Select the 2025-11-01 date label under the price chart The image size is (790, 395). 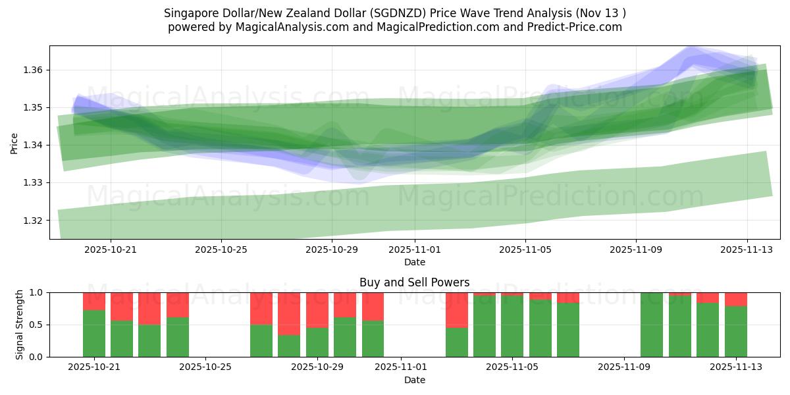coord(415,250)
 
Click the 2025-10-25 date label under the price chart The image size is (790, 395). coord(221,250)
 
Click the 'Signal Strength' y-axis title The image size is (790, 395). coord(20,324)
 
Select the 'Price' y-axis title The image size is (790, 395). coord(14,142)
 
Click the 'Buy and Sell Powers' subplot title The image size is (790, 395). coord(415,282)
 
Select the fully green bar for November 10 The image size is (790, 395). coord(652,325)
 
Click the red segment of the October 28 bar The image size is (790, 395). coord(289,313)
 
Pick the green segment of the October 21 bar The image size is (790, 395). coord(94,333)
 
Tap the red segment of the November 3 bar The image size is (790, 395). coord(457,309)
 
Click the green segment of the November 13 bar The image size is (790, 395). coord(736,331)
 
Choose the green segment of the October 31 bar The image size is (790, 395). coord(373,338)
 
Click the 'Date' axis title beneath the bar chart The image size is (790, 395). coord(415,380)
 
